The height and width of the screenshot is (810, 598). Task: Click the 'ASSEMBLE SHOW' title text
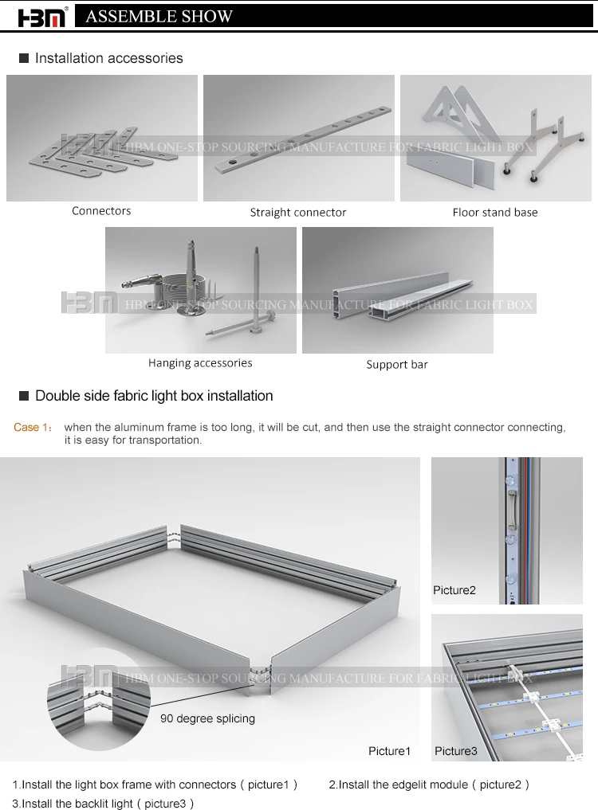(x=159, y=16)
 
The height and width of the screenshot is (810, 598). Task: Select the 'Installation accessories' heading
(x=108, y=58)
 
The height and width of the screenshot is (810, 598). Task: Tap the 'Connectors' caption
(x=101, y=211)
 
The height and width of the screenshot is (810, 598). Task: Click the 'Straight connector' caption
(x=298, y=213)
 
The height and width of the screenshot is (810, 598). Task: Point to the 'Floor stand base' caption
(x=494, y=213)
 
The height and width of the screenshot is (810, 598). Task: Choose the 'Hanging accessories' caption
(x=200, y=363)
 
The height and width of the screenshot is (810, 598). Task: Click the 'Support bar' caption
(x=397, y=365)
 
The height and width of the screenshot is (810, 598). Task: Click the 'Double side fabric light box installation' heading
(x=154, y=396)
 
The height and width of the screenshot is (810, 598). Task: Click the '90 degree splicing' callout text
(x=207, y=718)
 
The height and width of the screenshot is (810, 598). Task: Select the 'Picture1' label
(x=389, y=751)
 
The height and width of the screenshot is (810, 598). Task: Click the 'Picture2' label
(x=454, y=590)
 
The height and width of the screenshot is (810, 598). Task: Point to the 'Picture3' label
(x=456, y=751)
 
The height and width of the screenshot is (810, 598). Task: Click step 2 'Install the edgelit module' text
(x=429, y=785)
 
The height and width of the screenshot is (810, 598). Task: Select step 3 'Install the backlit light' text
(x=103, y=804)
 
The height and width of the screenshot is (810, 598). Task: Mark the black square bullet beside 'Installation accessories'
(x=24, y=58)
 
